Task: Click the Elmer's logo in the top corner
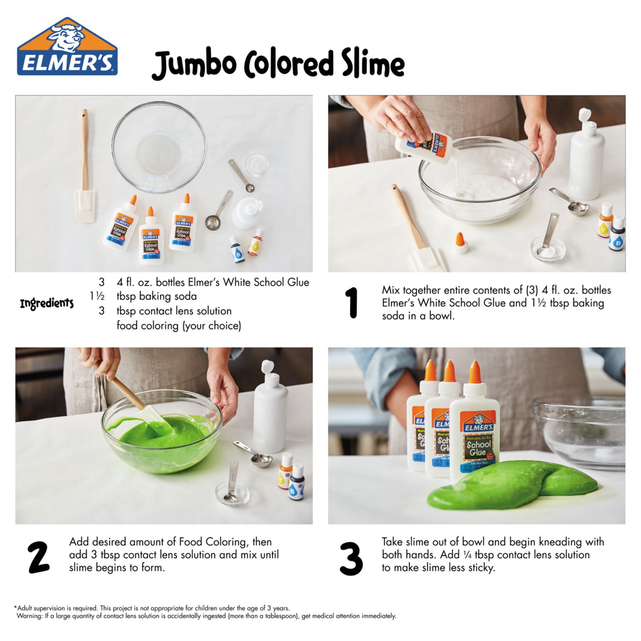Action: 67,47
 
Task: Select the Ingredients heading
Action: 47,304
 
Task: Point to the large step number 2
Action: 39,557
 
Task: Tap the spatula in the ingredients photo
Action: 85,171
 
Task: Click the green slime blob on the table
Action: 513,485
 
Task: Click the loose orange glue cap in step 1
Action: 460,242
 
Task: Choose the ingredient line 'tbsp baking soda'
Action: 156,296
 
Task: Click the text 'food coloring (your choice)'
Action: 179,326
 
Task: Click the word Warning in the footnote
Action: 29,616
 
